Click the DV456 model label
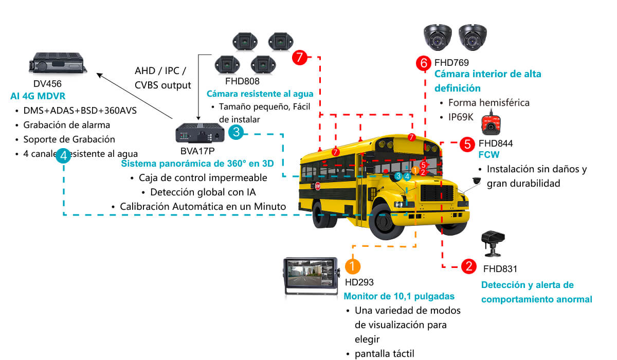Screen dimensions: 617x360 click(x=47, y=83)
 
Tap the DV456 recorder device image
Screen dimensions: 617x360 click(x=58, y=63)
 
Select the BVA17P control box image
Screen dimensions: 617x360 click(x=200, y=133)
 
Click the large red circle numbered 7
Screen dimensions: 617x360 click(x=300, y=57)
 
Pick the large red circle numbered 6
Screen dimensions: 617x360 click(x=424, y=63)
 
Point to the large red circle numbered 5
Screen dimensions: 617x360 click(x=467, y=144)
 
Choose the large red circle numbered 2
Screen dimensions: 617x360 click(x=469, y=266)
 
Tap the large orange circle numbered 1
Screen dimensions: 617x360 click(x=353, y=266)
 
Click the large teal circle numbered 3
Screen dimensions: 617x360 click(x=236, y=132)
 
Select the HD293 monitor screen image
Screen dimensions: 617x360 click(x=311, y=276)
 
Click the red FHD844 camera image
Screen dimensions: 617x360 click(x=491, y=124)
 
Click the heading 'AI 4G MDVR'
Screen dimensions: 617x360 click(x=38, y=96)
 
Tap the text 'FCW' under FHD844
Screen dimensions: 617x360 click(x=488, y=154)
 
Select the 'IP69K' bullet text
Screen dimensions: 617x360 click(x=461, y=117)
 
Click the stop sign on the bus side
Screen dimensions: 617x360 click(x=318, y=186)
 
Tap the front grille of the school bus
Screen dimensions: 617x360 click(x=437, y=193)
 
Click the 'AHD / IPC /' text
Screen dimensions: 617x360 click(x=160, y=71)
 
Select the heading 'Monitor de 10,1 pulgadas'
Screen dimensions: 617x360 click(x=399, y=296)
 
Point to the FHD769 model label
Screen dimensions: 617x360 click(x=451, y=63)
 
